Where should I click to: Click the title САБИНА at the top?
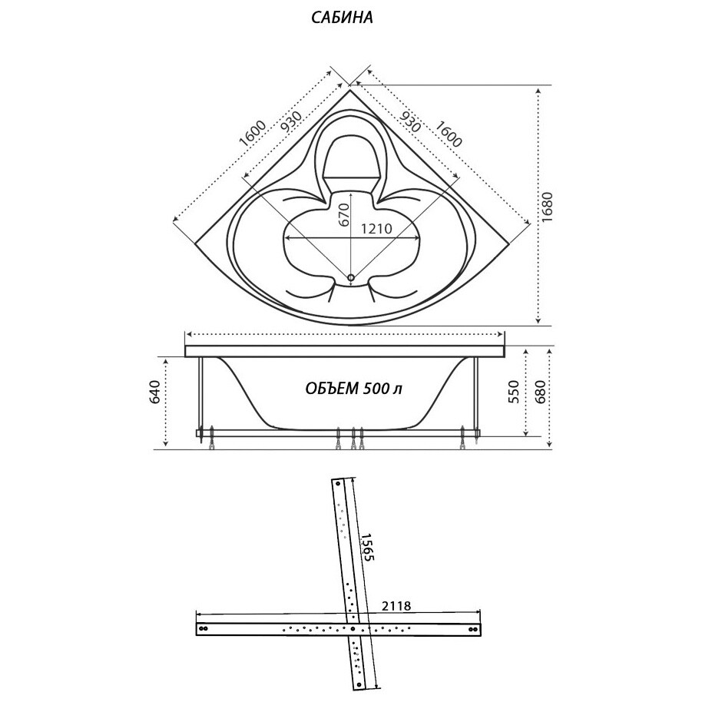click(342, 18)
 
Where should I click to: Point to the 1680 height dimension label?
click(547, 205)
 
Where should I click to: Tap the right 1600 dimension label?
click(448, 134)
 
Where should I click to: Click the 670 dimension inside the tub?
click(344, 214)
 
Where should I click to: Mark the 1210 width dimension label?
click(376, 228)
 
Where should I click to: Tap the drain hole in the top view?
click(351, 277)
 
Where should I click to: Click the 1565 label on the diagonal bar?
click(366, 546)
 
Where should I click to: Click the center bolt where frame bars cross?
click(353, 628)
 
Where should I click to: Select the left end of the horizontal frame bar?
click(202, 628)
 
